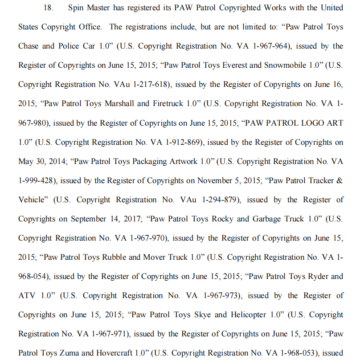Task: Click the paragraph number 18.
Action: tap(48, 8)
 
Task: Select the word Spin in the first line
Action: tap(76, 8)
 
